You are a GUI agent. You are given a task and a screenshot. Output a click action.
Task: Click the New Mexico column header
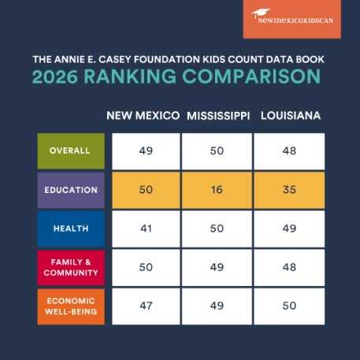point(143,116)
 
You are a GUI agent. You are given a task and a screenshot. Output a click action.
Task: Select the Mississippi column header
point(218,116)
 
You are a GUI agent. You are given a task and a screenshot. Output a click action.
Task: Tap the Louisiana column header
point(291,116)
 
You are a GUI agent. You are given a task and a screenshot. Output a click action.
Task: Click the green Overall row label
point(71,151)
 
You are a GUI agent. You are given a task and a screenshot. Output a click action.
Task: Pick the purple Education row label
point(71,190)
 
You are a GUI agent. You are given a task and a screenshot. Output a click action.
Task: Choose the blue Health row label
point(71,228)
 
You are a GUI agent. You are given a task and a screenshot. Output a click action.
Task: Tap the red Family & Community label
point(71,267)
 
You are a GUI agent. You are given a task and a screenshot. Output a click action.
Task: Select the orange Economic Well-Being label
point(71,306)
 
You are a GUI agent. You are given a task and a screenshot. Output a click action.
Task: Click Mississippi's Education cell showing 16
point(217,190)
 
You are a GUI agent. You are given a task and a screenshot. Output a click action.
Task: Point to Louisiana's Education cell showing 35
point(289,190)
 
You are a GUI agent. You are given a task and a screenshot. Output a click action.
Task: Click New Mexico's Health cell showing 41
point(146,228)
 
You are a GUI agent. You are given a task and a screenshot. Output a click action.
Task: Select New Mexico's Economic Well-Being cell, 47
point(146,306)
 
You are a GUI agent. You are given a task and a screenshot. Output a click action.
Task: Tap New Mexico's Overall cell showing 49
point(146,151)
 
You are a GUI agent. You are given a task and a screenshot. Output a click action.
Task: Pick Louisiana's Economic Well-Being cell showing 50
point(289,306)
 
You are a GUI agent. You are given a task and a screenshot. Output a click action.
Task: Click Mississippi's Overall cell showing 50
point(217,151)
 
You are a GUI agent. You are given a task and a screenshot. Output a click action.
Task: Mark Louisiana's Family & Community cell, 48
point(289,267)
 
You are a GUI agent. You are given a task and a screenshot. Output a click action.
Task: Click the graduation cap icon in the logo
point(261,13)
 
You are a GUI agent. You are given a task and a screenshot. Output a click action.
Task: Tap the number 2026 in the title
point(55,76)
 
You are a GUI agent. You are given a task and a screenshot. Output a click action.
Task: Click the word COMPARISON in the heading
point(251,76)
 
